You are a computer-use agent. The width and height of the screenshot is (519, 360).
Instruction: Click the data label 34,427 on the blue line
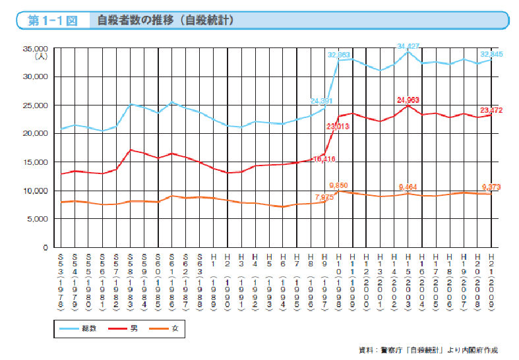[408, 46]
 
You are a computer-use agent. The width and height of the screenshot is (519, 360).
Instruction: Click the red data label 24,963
[409, 100]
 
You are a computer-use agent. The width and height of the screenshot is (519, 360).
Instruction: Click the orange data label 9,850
[338, 187]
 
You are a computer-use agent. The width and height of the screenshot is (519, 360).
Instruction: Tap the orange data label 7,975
[324, 196]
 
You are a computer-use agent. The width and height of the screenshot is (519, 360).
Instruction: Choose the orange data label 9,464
[409, 187]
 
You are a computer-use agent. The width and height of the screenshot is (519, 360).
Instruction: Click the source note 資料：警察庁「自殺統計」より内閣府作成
[428, 349]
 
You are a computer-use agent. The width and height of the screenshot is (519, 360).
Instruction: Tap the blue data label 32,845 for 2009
[491, 54]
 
